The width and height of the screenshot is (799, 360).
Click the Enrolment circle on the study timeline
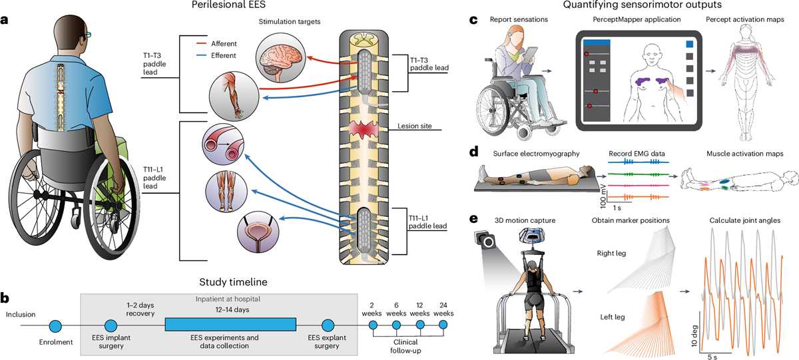coord(55,326)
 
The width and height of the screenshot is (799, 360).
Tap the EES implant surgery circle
coord(111,326)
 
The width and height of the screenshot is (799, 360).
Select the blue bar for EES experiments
coord(230,324)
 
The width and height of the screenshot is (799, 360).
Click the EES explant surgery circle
coord(328,325)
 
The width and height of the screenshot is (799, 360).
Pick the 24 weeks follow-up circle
coord(443,325)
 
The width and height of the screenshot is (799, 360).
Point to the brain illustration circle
coord(281,59)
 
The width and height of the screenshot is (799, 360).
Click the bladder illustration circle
coord(258,232)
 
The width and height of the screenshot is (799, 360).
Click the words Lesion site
coord(414,126)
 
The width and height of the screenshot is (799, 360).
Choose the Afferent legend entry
coord(216,43)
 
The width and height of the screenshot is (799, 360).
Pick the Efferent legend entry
coord(216,55)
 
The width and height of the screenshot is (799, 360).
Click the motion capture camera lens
coord(488,242)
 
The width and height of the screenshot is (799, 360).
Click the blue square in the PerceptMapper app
coord(690,44)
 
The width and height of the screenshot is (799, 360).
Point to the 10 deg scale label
coord(693,336)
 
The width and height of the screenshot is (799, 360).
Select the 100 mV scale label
coord(603,196)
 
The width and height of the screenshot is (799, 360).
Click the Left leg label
coord(612,317)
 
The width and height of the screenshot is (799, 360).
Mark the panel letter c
coord(473,20)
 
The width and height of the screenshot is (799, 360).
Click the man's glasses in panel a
coord(87,34)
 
